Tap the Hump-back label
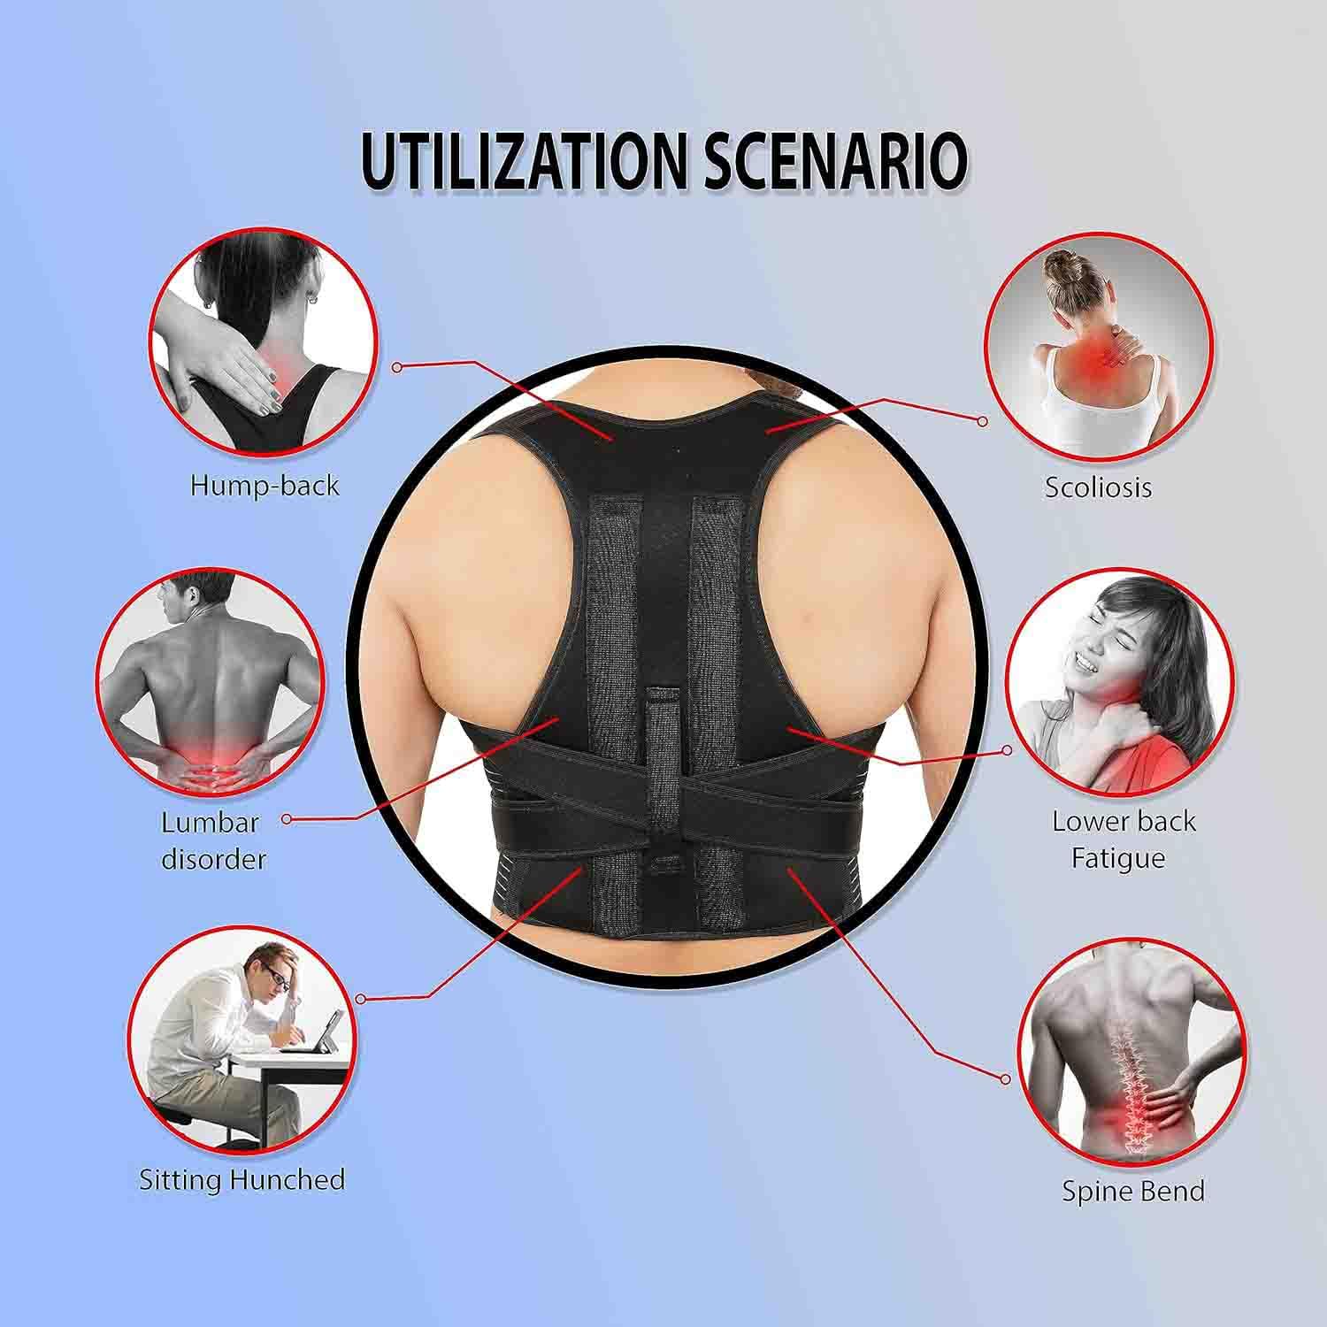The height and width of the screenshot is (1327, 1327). tap(265, 486)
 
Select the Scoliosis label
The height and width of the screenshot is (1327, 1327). tap(1098, 487)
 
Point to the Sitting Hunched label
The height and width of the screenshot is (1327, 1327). tap(242, 1179)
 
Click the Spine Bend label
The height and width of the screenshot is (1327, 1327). tap(1133, 1191)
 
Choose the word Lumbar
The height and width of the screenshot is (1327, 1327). tap(210, 822)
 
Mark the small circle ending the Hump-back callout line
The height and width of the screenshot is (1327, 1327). tap(398, 366)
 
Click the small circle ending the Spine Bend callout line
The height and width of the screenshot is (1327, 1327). tap(1005, 1079)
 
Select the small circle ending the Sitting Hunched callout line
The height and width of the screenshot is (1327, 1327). tap(360, 999)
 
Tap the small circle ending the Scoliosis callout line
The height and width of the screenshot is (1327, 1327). tap(982, 422)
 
